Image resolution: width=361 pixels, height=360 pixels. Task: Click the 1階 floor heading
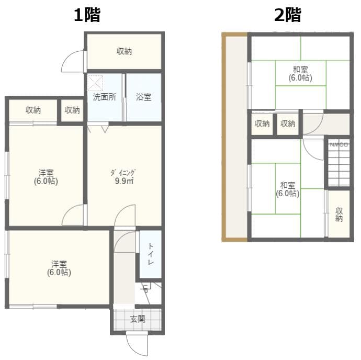click(86, 15)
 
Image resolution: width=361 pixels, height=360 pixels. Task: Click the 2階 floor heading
click(288, 15)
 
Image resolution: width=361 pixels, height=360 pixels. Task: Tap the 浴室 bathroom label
click(144, 97)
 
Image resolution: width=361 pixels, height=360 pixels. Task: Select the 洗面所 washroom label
click(105, 97)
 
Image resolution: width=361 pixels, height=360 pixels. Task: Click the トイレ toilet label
click(150, 254)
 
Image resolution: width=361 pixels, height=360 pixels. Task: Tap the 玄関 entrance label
click(138, 319)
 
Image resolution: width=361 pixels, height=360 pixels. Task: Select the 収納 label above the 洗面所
click(124, 51)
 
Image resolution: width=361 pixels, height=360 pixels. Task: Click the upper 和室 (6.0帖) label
click(300, 74)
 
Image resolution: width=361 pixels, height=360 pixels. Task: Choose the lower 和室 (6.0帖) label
click(287, 189)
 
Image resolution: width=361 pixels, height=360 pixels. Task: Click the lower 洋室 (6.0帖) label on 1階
click(59, 268)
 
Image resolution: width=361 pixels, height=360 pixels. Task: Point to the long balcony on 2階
click(235, 136)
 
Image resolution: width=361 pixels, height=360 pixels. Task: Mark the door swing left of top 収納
click(73, 62)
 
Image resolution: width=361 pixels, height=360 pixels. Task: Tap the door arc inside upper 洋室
click(74, 215)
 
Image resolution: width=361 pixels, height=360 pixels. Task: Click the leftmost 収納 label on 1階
click(33, 110)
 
